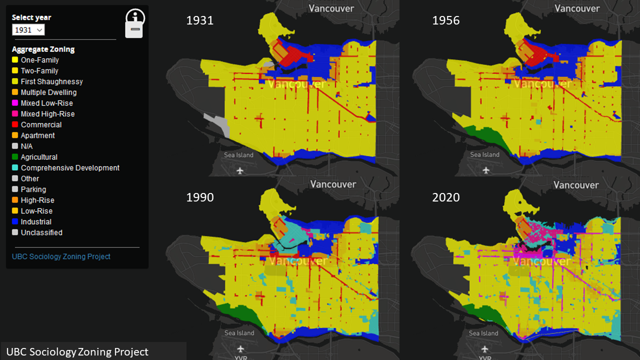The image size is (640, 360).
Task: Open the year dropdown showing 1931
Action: (28, 30)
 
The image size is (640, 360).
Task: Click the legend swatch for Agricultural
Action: (15, 157)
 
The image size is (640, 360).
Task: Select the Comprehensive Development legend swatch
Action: (15, 168)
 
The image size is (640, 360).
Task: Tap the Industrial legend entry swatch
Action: (15, 222)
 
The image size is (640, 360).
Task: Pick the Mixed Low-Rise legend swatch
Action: (15, 103)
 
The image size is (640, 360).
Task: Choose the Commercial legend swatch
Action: (15, 125)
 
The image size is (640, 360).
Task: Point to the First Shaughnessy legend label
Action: (51, 81)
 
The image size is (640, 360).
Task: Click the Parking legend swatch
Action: (15, 189)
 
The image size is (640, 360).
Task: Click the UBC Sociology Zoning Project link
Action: (61, 256)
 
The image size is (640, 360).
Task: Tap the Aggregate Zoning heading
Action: (43, 49)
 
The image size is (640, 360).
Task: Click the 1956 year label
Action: (445, 20)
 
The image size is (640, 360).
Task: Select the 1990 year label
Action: (200, 197)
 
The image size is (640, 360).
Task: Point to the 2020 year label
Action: (445, 197)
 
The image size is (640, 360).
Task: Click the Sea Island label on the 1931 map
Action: (238, 155)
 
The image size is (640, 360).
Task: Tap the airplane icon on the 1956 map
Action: (486, 170)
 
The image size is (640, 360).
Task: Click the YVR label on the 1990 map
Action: (241, 357)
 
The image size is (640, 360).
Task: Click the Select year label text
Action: (31, 17)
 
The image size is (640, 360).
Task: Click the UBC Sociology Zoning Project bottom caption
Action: (77, 352)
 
